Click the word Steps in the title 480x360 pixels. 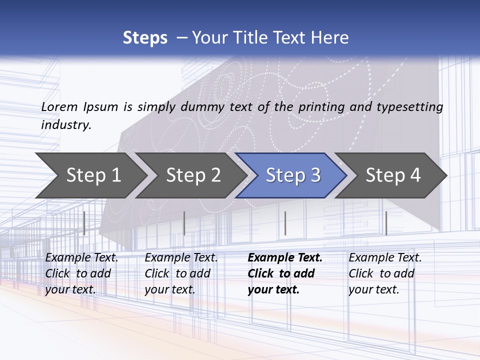[x=145, y=38]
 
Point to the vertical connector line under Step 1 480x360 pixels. [x=84, y=223]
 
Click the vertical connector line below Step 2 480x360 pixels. [x=184, y=223]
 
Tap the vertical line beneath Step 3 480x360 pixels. [x=285, y=223]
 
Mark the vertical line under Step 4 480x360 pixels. [x=386, y=223]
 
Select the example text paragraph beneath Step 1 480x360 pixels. [x=81, y=273]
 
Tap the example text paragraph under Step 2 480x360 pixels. [x=181, y=273]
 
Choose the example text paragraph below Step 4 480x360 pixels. [x=385, y=273]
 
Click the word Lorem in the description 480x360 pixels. [x=59, y=107]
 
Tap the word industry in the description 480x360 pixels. [x=65, y=125]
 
